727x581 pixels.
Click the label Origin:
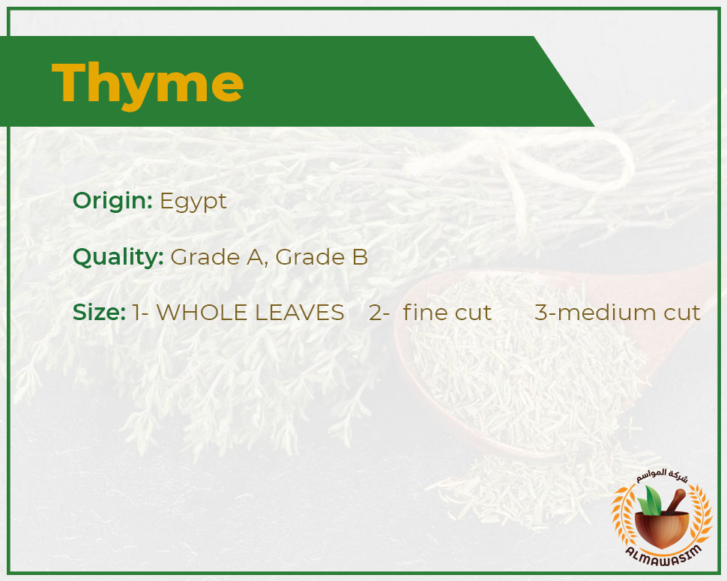(x=112, y=202)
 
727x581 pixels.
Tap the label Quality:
(x=118, y=257)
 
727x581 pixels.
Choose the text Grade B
(x=322, y=257)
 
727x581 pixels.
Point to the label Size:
(x=99, y=313)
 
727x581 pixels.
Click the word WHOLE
(x=202, y=313)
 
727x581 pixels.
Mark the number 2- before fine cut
(x=379, y=313)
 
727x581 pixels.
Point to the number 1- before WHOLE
(x=140, y=313)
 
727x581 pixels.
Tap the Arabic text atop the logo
(x=663, y=476)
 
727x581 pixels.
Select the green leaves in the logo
(x=649, y=501)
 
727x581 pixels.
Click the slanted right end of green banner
(x=564, y=82)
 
